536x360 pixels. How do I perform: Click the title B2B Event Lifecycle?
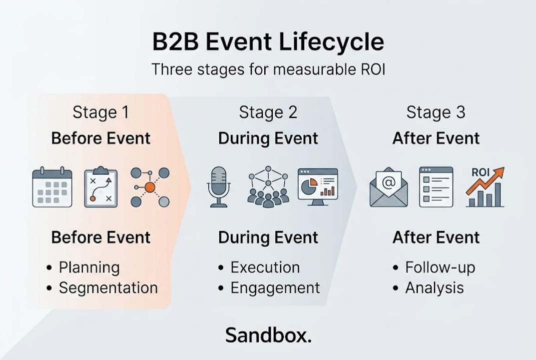[268, 42]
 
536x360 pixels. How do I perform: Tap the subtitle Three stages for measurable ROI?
[268, 69]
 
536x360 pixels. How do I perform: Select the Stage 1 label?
[101, 112]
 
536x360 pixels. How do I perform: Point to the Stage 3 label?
[436, 112]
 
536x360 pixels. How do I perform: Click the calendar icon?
[52, 187]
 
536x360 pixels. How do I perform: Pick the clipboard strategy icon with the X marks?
[101, 187]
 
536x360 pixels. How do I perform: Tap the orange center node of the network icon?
[149, 187]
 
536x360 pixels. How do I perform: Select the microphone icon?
[218, 187]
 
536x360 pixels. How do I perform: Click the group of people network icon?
[268, 187]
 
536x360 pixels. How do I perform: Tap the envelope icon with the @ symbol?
[388, 187]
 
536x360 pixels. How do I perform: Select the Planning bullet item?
[89, 267]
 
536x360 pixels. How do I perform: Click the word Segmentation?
[108, 288]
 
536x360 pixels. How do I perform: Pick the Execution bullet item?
[265, 267]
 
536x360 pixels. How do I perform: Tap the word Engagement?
[275, 288]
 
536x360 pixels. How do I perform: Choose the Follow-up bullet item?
[440, 267]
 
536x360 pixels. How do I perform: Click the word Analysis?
[434, 288]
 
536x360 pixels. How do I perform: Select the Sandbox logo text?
[268, 335]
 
